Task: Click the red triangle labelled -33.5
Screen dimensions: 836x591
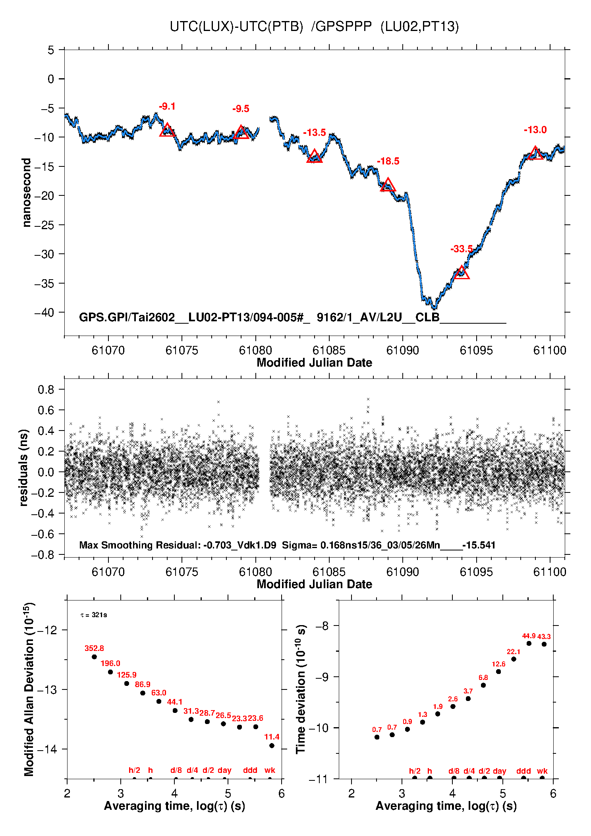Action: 461,273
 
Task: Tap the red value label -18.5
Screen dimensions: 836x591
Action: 388,161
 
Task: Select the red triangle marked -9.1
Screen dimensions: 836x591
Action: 167,130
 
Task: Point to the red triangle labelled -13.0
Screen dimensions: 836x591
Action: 535,153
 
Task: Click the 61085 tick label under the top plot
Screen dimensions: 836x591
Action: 329,350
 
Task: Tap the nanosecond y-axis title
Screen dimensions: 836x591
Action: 26,193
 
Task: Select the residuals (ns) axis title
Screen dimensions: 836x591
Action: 24,467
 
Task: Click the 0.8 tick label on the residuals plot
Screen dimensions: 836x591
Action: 46,390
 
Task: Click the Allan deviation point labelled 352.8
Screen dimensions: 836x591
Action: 94,656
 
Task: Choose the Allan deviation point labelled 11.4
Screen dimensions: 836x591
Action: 272,745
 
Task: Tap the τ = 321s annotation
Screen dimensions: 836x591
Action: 94,615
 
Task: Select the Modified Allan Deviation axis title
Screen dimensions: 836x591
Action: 29,689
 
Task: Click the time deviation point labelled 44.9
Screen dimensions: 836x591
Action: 529,643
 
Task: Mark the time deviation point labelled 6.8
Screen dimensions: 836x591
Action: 483,685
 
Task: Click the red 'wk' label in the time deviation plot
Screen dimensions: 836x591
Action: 542,771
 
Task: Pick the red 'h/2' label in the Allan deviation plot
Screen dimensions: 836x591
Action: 134,770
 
